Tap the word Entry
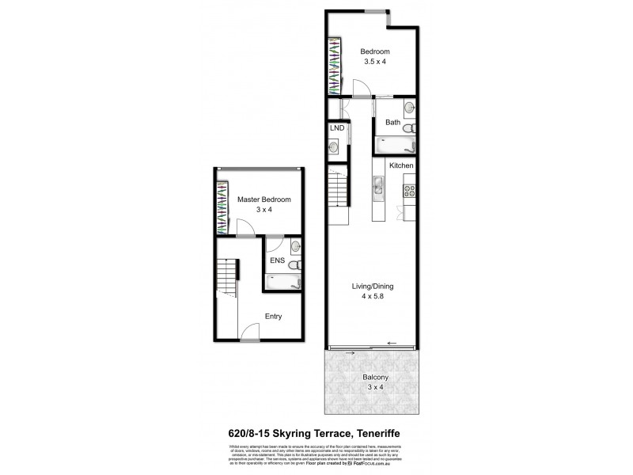(273, 317)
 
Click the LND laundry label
(336, 127)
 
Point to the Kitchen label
(401, 165)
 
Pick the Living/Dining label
(373, 286)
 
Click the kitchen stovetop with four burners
(410, 190)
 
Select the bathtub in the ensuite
(282, 281)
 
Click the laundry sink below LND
(335, 146)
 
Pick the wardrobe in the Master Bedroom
(223, 206)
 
